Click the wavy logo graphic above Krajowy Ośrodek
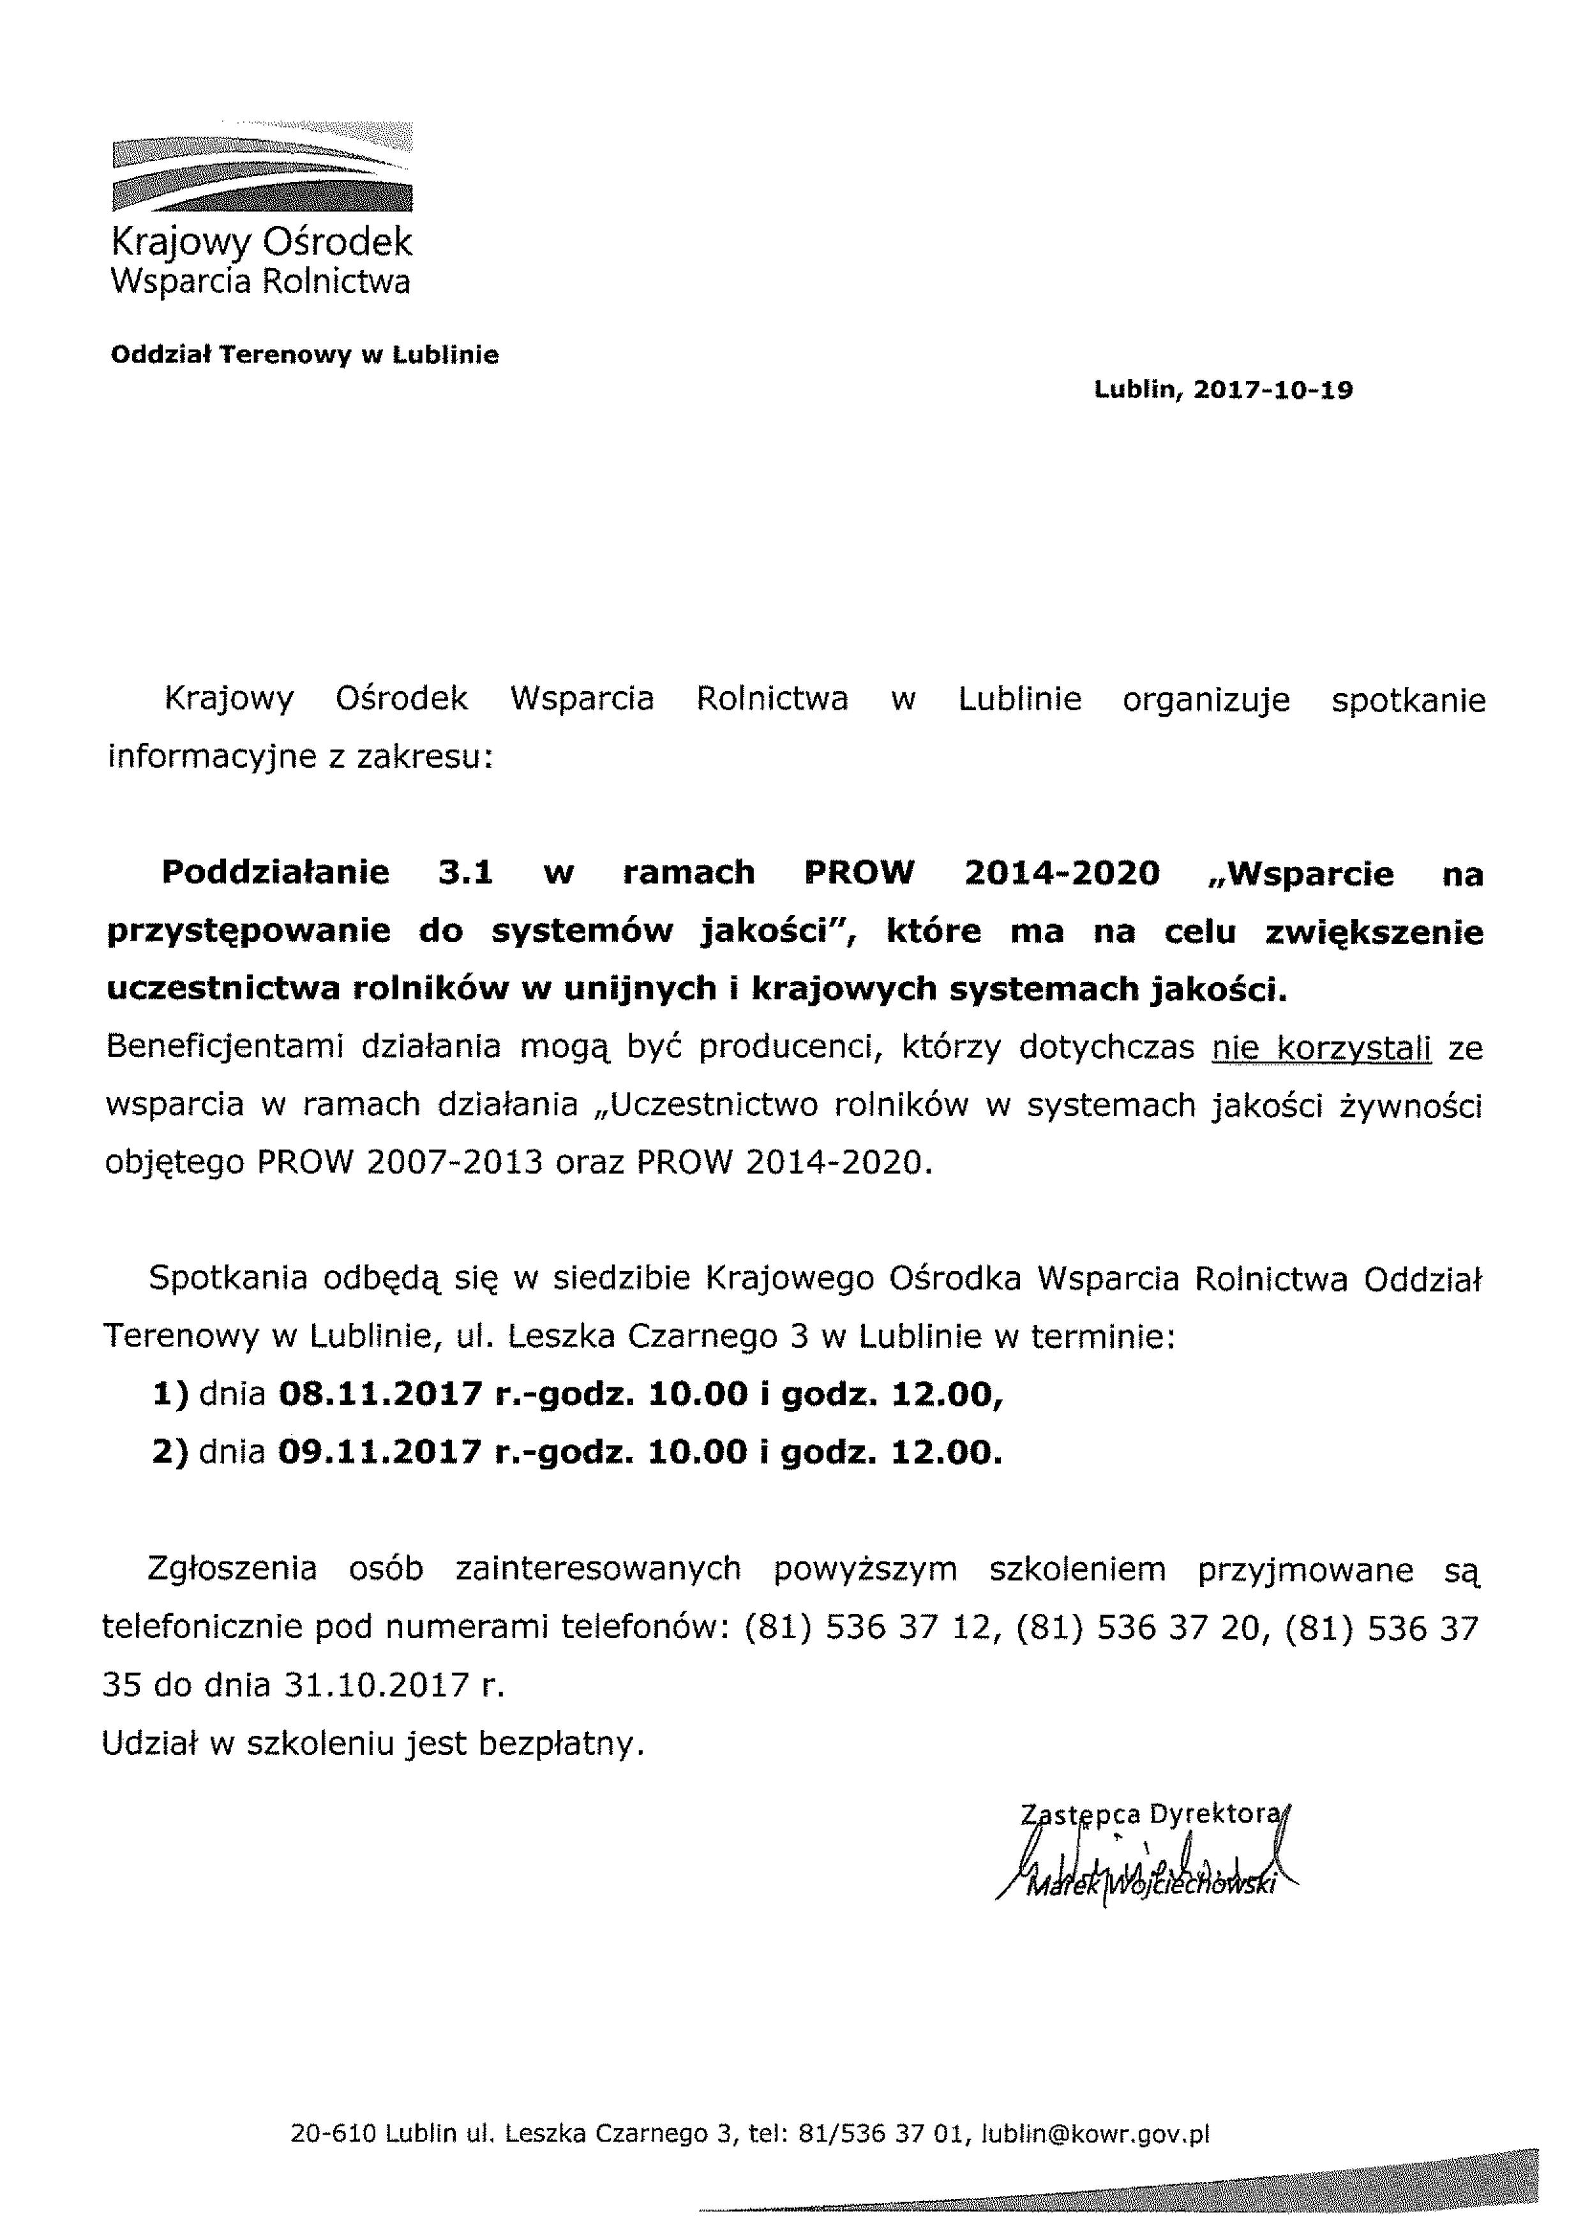click(x=261, y=168)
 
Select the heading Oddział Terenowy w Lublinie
click(x=304, y=355)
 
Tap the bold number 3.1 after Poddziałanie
click(x=466, y=872)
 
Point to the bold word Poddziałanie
click(x=275, y=872)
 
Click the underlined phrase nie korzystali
click(x=1321, y=1048)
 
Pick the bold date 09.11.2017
click(x=380, y=1453)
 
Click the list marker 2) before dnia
click(x=170, y=1453)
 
